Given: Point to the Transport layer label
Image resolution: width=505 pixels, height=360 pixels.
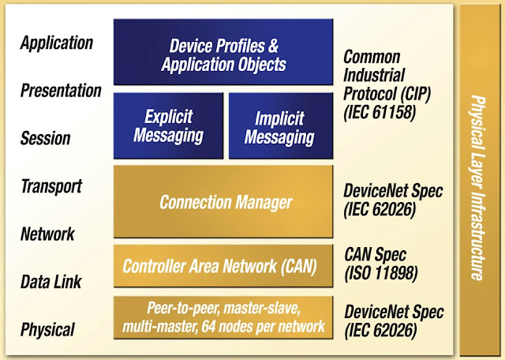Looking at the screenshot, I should [51, 186].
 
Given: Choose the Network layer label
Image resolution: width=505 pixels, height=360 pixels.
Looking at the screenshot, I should [47, 234].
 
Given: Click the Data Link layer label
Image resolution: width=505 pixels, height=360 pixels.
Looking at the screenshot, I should [50, 282].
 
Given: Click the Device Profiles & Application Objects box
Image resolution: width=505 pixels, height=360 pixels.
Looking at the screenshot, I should [223, 51].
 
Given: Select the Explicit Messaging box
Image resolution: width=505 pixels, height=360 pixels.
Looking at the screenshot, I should [168, 126].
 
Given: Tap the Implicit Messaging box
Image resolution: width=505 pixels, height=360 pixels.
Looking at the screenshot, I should [279, 126].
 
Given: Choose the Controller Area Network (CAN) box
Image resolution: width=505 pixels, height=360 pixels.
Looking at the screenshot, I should [219, 266].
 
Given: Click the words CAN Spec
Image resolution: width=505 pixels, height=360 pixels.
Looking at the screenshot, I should [375, 255].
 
